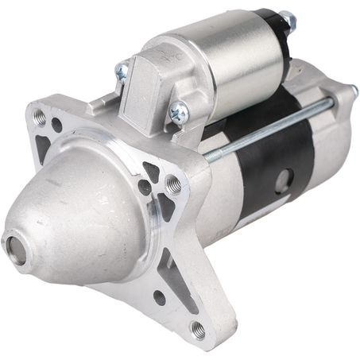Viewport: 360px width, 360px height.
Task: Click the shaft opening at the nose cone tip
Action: [x=14, y=245]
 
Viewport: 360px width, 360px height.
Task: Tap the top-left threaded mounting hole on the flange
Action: [x=40, y=116]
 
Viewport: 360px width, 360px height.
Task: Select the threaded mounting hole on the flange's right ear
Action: [x=173, y=186]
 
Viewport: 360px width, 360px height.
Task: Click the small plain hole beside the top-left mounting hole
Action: [x=57, y=125]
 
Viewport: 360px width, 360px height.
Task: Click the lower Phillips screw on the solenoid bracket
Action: [x=179, y=114]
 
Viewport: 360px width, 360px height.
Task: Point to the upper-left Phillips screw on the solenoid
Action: [x=121, y=72]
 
